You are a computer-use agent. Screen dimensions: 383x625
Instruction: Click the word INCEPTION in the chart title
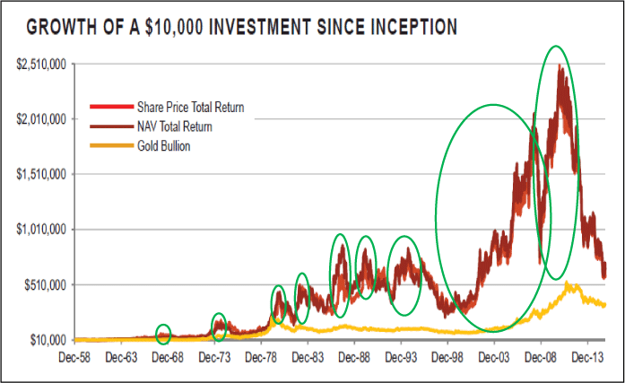(409, 28)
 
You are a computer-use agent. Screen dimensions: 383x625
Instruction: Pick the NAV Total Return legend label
(175, 127)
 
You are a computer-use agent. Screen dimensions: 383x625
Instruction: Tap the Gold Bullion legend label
(164, 146)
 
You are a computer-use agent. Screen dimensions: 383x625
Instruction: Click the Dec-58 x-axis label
(74, 357)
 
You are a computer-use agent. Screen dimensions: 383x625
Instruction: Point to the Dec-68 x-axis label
(167, 357)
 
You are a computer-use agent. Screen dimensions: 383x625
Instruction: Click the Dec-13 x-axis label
(587, 357)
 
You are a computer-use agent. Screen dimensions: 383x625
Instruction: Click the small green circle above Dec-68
(163, 334)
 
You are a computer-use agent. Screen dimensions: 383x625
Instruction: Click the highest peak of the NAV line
(559, 65)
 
